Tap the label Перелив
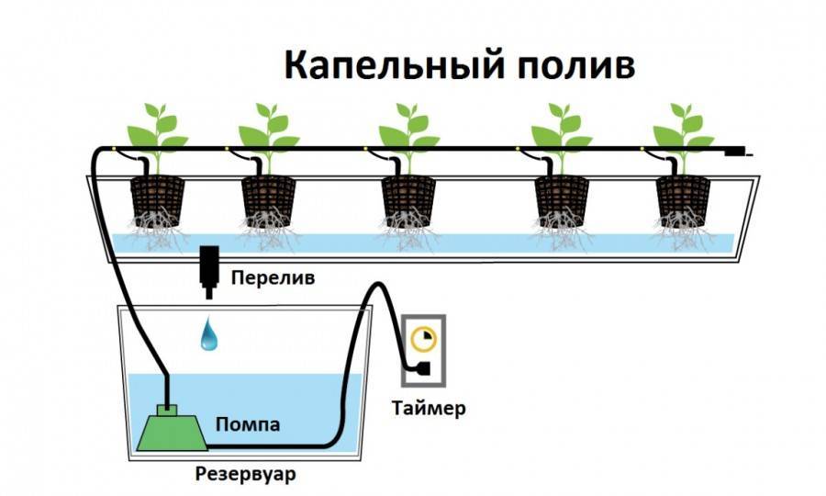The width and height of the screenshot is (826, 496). click(x=273, y=276)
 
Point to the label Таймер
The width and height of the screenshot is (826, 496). click(x=429, y=407)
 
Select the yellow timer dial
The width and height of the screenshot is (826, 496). click(x=424, y=338)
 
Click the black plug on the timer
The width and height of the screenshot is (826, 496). click(x=423, y=369)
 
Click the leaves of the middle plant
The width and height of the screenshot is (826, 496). click(x=408, y=129)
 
